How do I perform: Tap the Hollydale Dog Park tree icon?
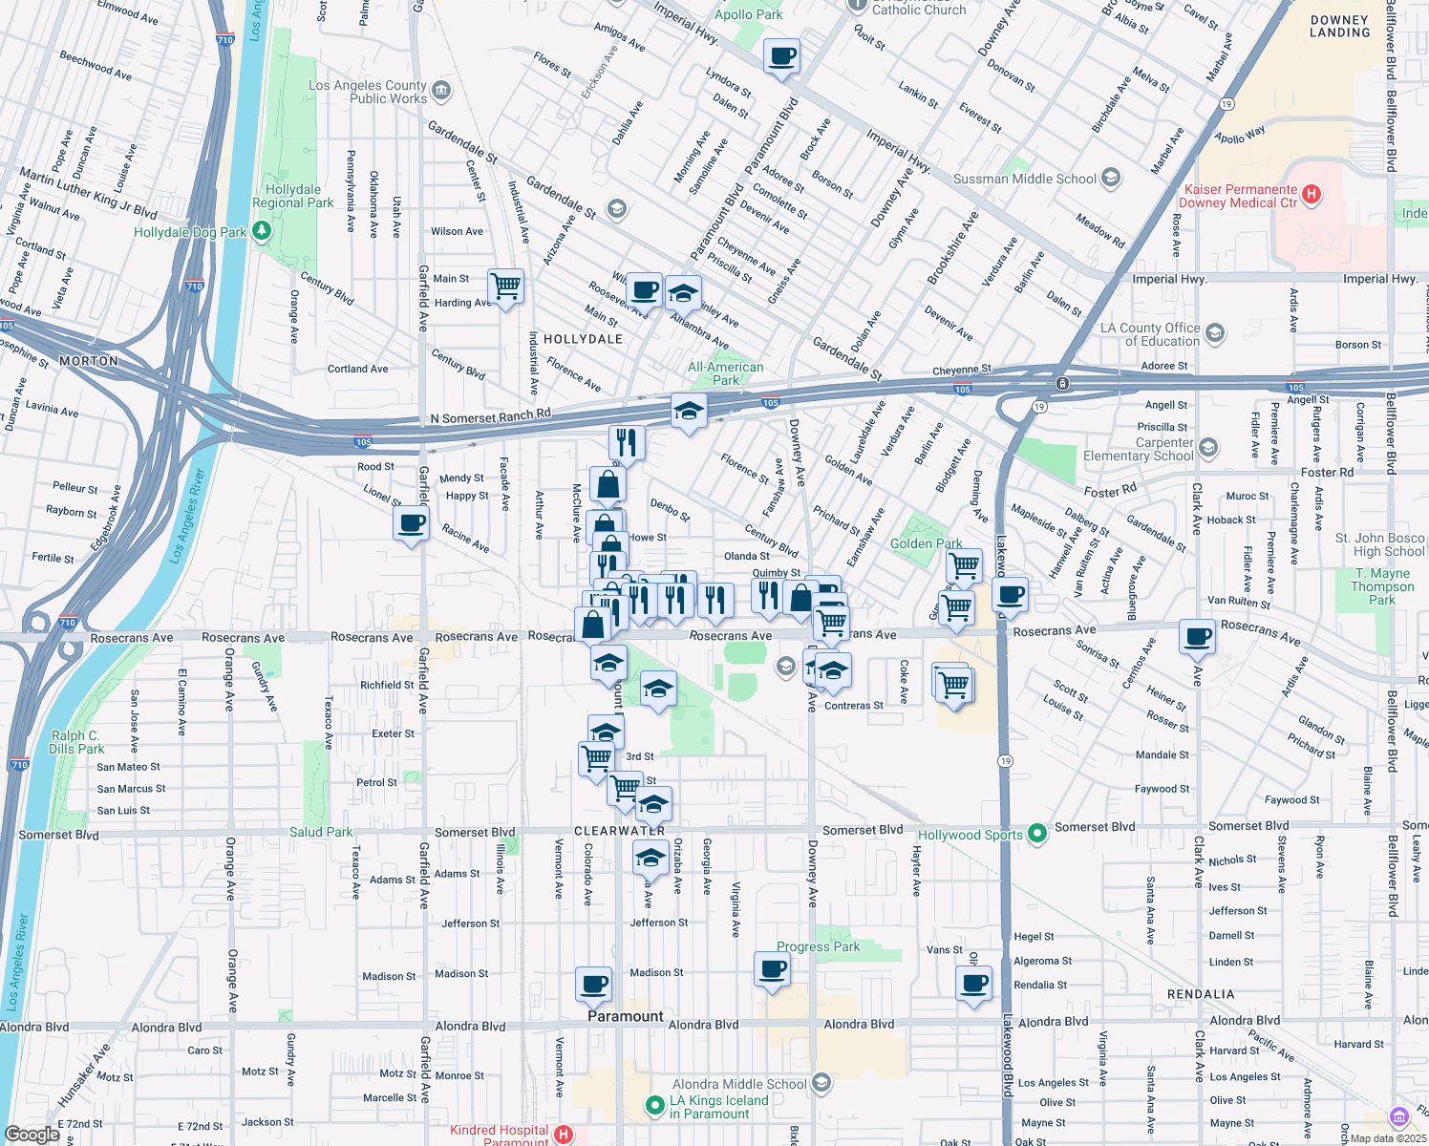click(x=262, y=232)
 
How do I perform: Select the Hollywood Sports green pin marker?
click(x=1037, y=834)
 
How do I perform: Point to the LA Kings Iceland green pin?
click(x=654, y=1106)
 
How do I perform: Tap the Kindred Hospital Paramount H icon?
click(x=564, y=1135)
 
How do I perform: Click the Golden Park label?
click(x=926, y=543)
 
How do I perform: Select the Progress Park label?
click(x=818, y=946)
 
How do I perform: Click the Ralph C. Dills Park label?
click(x=75, y=742)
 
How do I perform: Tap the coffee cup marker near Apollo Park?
click(x=781, y=56)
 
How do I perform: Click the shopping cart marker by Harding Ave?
click(x=505, y=286)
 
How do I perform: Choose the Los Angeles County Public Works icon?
click(x=440, y=91)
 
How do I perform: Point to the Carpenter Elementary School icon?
click(x=1208, y=448)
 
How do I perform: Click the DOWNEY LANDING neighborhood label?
click(x=1339, y=26)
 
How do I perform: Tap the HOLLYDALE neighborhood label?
click(x=583, y=339)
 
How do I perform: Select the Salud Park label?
click(x=321, y=832)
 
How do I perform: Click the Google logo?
click(x=32, y=1134)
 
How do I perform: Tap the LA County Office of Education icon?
click(x=1215, y=333)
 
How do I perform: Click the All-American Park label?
click(x=726, y=373)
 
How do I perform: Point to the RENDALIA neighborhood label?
click(x=1201, y=994)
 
